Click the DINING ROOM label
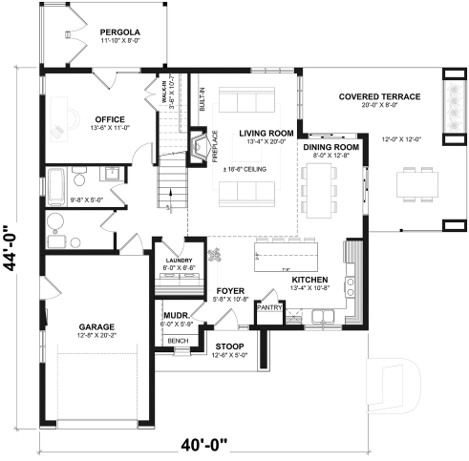330,147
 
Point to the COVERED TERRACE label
378,97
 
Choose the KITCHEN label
310,280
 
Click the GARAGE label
97,325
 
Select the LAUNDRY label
178,260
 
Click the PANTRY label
269,307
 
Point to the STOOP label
229,345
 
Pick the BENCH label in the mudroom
177,341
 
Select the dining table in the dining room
318,186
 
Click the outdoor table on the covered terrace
413,179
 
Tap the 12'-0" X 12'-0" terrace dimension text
398,139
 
